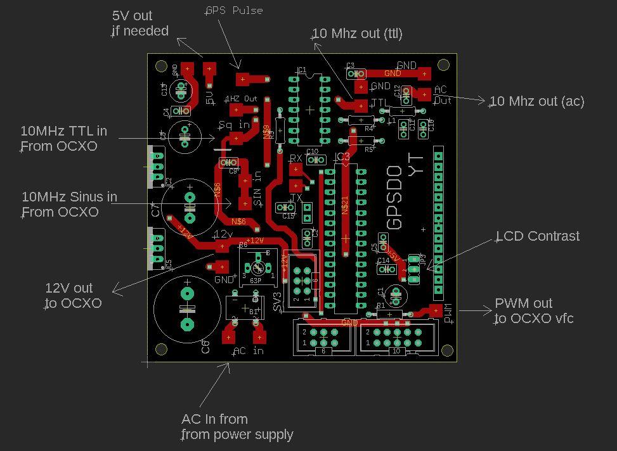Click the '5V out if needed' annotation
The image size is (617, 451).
pyautogui.click(x=140, y=23)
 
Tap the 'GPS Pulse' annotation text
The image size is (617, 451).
pyautogui.click(x=234, y=11)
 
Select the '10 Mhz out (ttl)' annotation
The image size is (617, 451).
pyautogui.click(x=358, y=34)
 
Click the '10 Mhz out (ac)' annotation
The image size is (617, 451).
pyautogui.click(x=536, y=101)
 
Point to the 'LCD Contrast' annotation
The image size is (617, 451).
pyautogui.click(x=538, y=236)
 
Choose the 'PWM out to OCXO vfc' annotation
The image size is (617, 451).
pyautogui.click(x=533, y=311)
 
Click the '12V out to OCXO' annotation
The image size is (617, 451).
pyautogui.click(x=73, y=296)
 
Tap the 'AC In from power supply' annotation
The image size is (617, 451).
pyautogui.click(x=237, y=427)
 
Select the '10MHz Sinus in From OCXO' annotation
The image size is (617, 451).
pyautogui.click(x=68, y=205)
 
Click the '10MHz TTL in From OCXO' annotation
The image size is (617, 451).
pyautogui.click(x=63, y=139)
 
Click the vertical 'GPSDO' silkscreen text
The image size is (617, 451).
pyautogui.click(x=394, y=197)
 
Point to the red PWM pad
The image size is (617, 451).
pyautogui.click(x=436, y=310)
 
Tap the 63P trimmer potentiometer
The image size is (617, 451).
pyautogui.click(x=257, y=266)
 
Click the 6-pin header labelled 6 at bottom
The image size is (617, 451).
pyautogui.click(x=323, y=337)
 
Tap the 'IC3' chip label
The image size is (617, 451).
pyautogui.click(x=342, y=157)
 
